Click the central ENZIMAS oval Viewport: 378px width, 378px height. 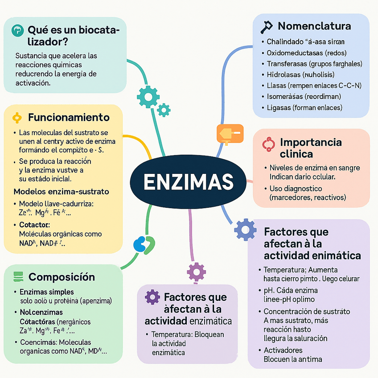188,181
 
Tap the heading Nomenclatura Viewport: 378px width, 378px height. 314,26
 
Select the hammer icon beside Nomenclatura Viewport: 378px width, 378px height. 266,26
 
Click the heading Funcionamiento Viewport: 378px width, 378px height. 69,118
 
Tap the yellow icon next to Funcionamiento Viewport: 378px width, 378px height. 16,118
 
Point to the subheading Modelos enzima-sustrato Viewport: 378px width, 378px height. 62,191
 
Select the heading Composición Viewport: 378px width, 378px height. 62,277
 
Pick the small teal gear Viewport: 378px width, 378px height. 164,109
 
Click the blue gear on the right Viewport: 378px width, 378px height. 245,230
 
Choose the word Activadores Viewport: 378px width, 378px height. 283,350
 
